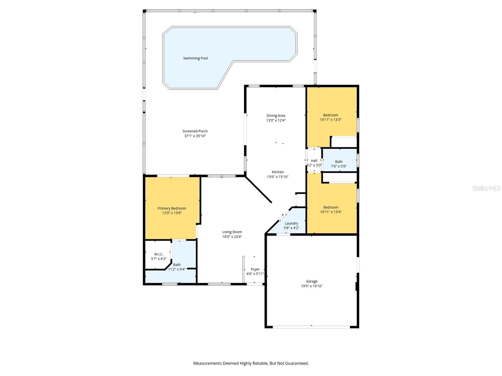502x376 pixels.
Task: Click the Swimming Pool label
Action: pos(195,58)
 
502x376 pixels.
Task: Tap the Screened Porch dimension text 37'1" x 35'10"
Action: pos(195,136)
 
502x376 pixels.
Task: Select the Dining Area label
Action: pos(276,116)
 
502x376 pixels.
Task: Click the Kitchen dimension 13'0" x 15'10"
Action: pos(277,177)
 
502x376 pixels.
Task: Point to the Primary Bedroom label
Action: pos(172,208)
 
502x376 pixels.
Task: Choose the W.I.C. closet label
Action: pos(158,254)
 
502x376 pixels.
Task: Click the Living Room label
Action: pos(232,232)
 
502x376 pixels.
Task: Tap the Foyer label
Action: pos(255,269)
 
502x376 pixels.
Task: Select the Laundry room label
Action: pos(291,223)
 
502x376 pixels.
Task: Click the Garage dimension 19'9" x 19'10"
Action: pos(312,286)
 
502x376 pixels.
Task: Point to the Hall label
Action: pos(314,161)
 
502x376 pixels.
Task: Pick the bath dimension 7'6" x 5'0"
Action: pos(339,166)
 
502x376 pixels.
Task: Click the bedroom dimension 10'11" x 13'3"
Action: pos(330,120)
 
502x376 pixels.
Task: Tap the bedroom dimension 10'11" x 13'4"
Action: pos(331,212)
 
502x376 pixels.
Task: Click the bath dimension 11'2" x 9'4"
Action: pos(177,269)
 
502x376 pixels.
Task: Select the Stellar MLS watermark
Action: pos(486,188)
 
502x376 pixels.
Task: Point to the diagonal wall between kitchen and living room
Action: pos(258,189)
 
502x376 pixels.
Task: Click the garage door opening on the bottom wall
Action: pos(311,327)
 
